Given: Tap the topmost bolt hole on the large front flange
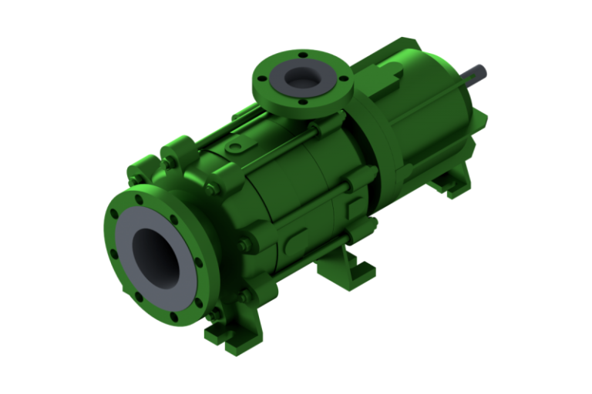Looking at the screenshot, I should tap(140, 199).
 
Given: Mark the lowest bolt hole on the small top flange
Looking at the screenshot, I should tap(302, 102).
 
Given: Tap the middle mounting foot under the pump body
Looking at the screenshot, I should tap(339, 269).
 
